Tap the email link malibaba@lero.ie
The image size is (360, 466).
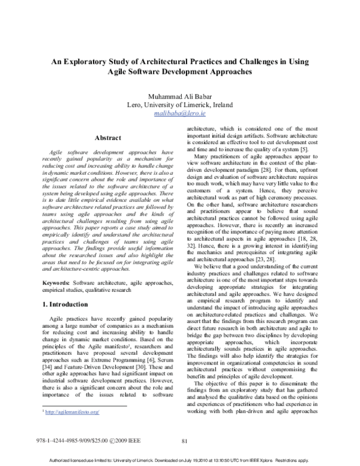pyautogui.click(x=180, y=112)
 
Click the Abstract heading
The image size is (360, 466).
pyautogui.click(x=96, y=138)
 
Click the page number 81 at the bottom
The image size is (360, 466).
pyautogui.click(x=185, y=441)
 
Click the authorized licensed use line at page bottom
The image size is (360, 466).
pyautogui.click(x=180, y=459)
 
